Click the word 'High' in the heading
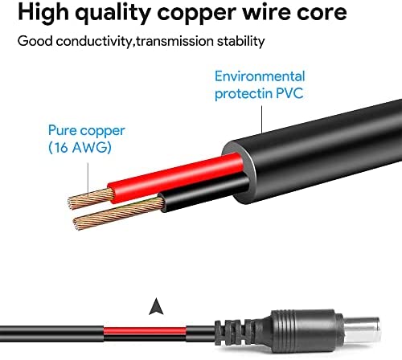(x=43, y=13)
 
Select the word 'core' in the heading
(x=321, y=13)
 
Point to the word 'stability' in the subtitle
(x=240, y=42)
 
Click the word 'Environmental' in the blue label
(x=260, y=76)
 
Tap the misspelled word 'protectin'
(x=244, y=93)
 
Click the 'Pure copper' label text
(x=87, y=131)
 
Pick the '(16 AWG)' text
(x=80, y=147)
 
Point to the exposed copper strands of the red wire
(x=91, y=198)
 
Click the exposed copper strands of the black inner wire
(x=118, y=214)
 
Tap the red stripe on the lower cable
(x=145, y=331)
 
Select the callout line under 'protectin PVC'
(x=262, y=119)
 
